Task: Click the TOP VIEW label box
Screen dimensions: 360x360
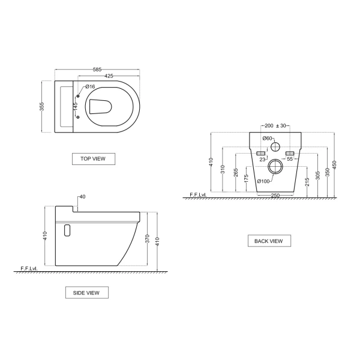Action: tap(93, 159)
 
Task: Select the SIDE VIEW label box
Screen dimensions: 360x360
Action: tap(86, 293)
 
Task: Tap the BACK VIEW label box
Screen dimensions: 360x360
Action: tap(269, 241)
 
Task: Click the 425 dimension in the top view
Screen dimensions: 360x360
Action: tap(109, 77)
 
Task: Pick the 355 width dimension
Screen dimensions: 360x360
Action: tap(43, 107)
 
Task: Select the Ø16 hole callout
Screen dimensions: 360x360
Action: tap(90, 87)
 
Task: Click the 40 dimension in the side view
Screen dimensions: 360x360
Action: tap(82, 197)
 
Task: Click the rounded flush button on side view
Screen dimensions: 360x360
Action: tap(67, 230)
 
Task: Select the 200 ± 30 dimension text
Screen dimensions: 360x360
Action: tap(276, 126)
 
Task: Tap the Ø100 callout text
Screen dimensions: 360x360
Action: tap(263, 181)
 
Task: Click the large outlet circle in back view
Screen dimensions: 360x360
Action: tap(276, 167)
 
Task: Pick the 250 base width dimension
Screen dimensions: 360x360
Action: tap(275, 196)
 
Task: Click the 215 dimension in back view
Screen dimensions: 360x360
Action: tap(307, 181)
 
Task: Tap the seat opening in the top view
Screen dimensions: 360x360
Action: tap(101, 107)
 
